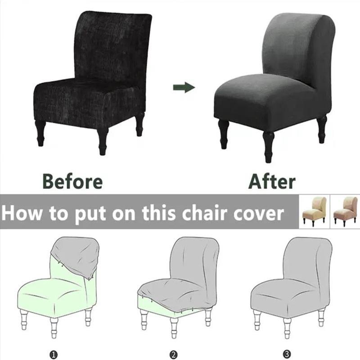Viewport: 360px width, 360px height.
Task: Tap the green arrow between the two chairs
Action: point(184,87)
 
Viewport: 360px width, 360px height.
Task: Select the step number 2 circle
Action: point(173,355)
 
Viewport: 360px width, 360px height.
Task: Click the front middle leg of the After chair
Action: point(268,146)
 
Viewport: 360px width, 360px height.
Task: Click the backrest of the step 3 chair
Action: point(306,261)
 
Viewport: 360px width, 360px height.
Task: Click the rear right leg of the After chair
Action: point(321,128)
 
